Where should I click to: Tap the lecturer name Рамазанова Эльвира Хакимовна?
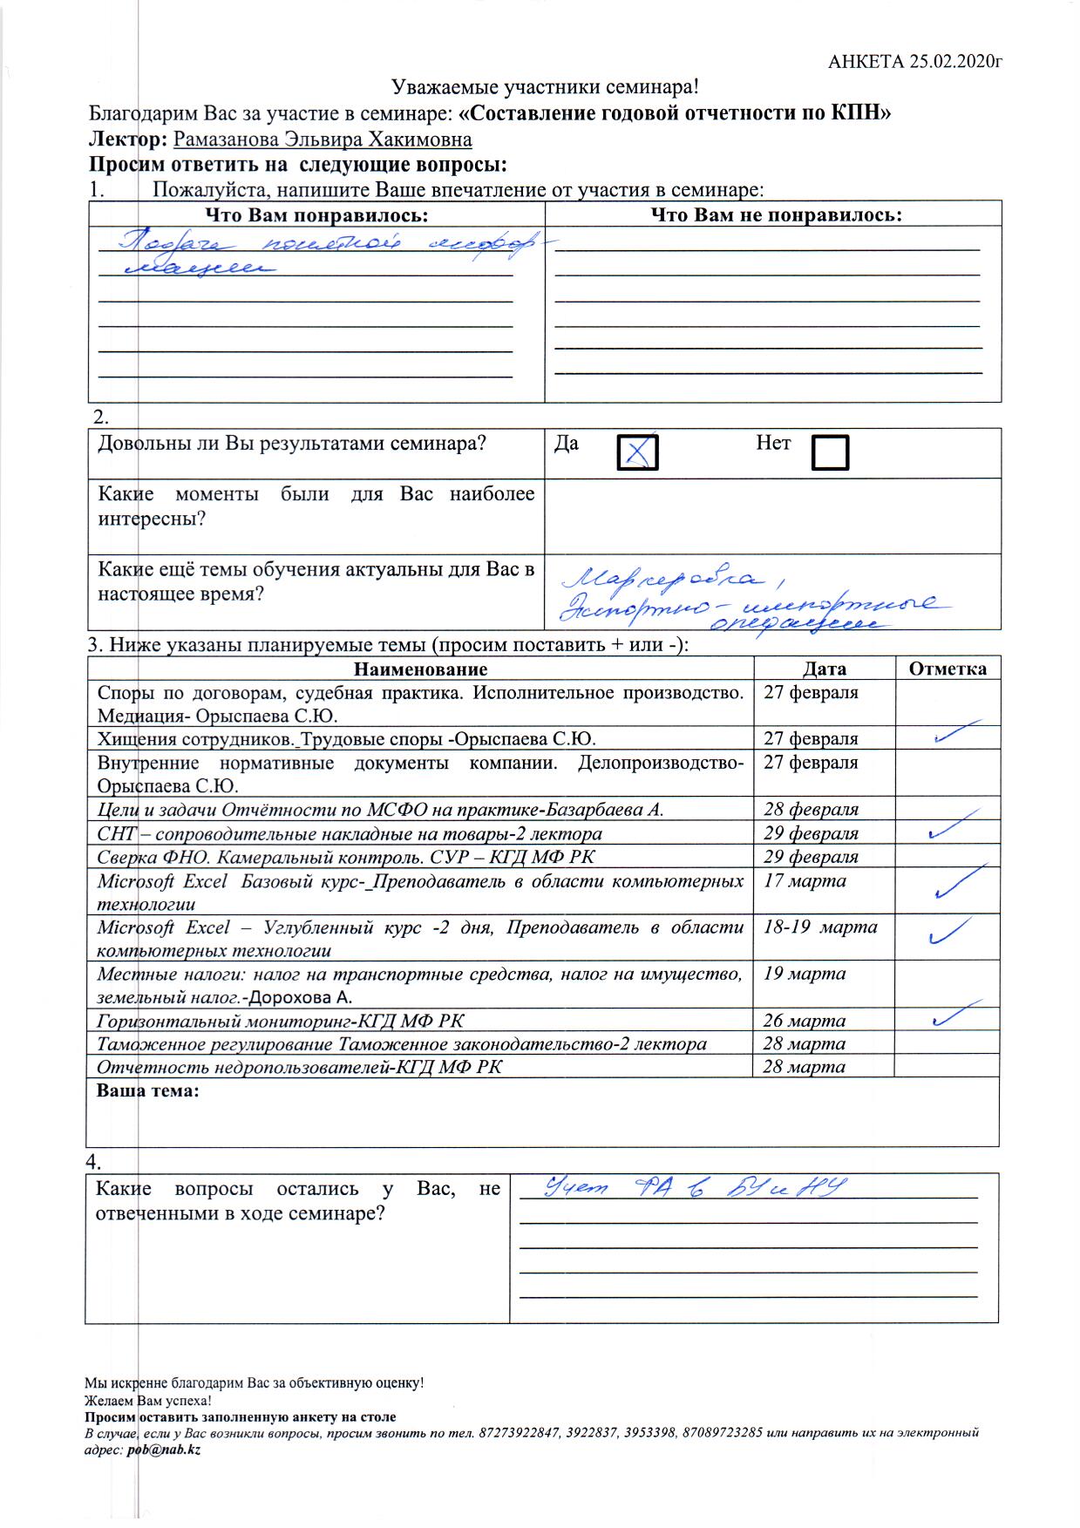coord(323,139)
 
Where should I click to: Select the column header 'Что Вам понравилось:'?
coord(316,214)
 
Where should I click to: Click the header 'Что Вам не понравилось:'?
coord(776,214)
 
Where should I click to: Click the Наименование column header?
coord(420,669)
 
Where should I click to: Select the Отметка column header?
coord(948,669)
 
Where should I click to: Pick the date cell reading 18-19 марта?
coord(820,927)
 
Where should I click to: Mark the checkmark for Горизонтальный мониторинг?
coord(950,1015)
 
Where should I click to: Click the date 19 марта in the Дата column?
coord(804,974)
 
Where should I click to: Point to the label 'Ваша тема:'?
coord(147,1090)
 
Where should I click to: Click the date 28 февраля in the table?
coord(811,809)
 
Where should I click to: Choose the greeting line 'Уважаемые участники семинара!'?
coord(545,87)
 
